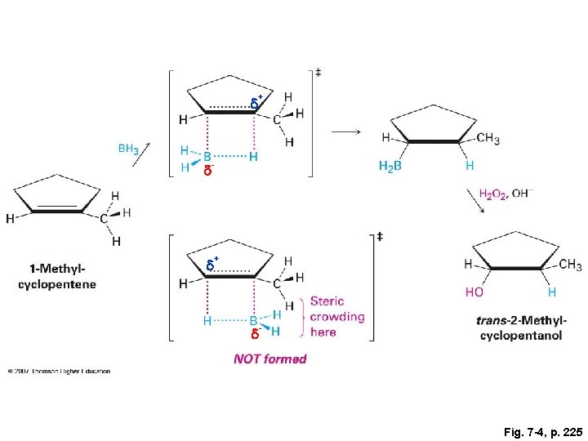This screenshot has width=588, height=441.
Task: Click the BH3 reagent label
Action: point(127,149)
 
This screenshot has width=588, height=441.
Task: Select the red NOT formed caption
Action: point(269,359)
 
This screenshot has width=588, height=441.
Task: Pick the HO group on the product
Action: point(474,292)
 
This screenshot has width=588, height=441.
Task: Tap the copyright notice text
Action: point(58,372)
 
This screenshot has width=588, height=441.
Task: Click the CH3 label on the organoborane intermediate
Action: point(488,139)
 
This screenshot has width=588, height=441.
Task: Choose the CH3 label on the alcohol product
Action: point(570,265)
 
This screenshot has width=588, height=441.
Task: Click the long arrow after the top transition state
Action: point(345,131)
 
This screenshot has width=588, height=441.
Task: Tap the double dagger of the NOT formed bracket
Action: point(380,238)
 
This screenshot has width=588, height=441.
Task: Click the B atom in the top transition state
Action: point(207,155)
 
